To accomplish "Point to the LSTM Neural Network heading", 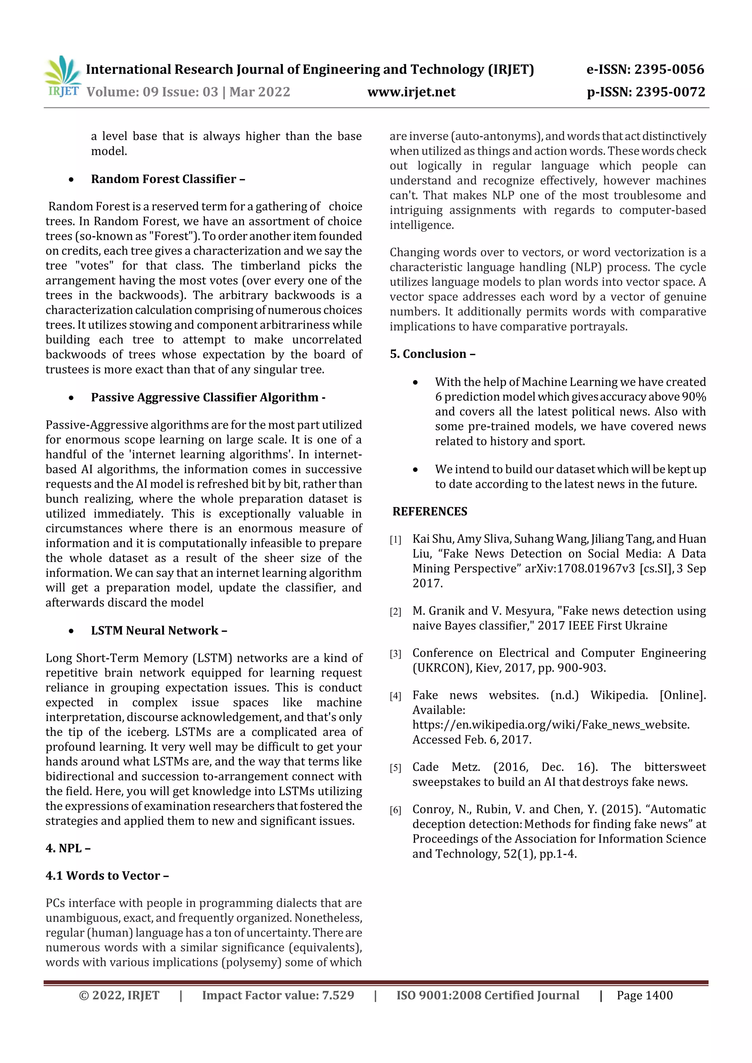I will coord(159,631).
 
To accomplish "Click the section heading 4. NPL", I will coord(68,848).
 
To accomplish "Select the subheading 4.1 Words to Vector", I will coord(106,875).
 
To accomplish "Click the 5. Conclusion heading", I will coord(432,354).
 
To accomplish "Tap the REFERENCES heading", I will coord(430,512).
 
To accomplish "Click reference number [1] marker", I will coord(395,540).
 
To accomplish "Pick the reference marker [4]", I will coord(395,696).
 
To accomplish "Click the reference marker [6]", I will coord(395,810).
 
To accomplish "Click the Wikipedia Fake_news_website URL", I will coord(550,725).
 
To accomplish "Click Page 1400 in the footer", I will coord(644,995).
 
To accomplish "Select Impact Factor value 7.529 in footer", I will coord(278,995).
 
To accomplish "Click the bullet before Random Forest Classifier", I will coord(71,180).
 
